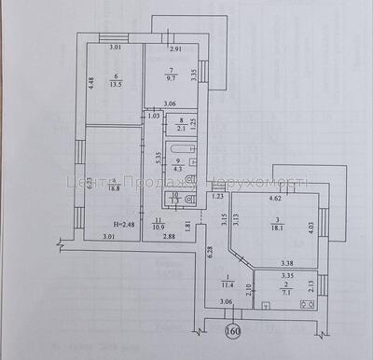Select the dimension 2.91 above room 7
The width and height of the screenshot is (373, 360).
(x=176, y=48)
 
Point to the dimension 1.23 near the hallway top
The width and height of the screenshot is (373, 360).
(x=218, y=197)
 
